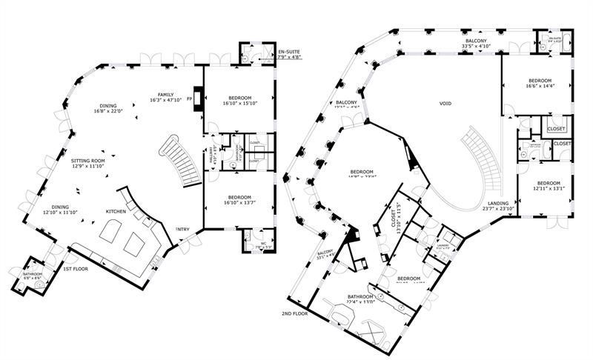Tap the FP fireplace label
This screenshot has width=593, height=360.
(190, 99)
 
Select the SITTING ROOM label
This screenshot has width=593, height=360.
(88, 160)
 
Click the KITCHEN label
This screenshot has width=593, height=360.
(116, 212)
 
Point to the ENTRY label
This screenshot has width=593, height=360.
(182, 229)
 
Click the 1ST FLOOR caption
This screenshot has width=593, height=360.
(75, 268)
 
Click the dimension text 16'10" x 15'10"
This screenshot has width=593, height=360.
(239, 104)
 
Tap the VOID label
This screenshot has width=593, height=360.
(445, 103)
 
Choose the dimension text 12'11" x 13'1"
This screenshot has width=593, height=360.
(549, 189)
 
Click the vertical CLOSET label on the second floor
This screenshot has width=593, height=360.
(394, 217)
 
